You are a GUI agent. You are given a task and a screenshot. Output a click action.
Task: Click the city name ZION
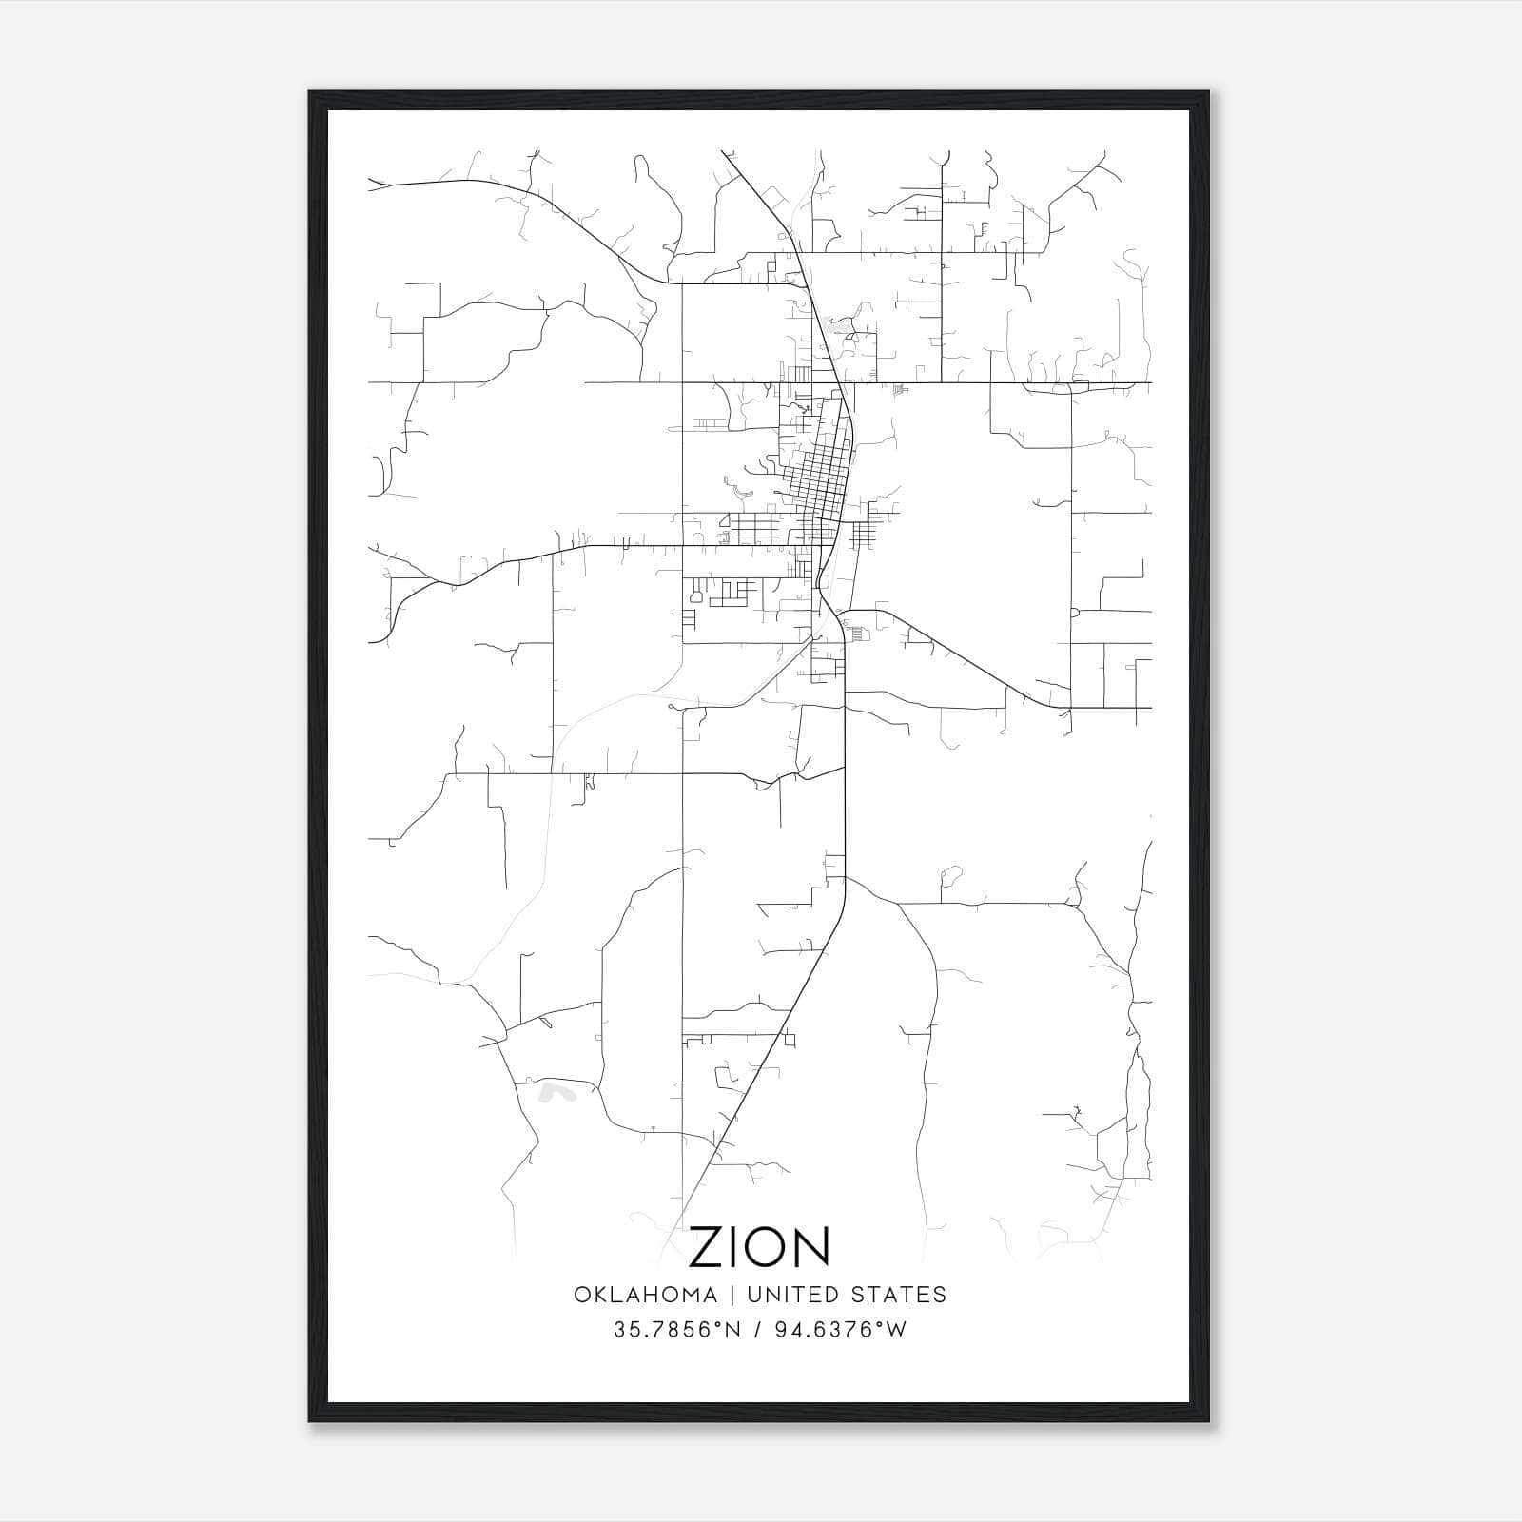[759, 1247]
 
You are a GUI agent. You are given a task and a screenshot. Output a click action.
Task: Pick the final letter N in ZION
[813, 1247]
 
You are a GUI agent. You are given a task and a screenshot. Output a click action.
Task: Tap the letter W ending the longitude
[897, 1330]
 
